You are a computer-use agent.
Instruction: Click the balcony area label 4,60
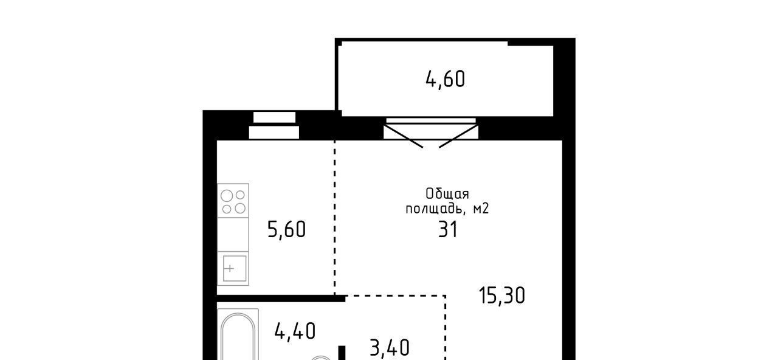click(x=446, y=80)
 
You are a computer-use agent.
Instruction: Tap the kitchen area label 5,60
click(x=286, y=230)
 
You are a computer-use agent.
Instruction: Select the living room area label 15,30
click(x=502, y=296)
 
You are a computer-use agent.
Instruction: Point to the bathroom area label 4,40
click(x=295, y=331)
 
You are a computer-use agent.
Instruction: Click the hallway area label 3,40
click(x=390, y=348)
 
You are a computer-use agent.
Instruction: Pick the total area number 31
click(x=448, y=230)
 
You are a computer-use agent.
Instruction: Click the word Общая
click(x=447, y=194)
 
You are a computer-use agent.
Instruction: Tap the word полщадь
click(x=436, y=209)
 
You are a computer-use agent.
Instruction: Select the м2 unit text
click(x=481, y=209)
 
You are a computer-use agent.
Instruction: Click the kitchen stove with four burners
click(x=233, y=201)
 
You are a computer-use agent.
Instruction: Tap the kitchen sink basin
click(x=235, y=268)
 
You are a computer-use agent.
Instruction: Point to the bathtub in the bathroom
click(x=238, y=335)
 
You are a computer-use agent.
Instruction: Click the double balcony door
click(x=431, y=133)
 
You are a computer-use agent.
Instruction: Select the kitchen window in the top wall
click(x=274, y=125)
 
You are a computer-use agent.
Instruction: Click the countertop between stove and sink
click(x=233, y=235)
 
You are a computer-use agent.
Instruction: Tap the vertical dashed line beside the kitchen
click(x=335, y=218)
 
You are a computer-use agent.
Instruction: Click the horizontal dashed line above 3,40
click(x=395, y=296)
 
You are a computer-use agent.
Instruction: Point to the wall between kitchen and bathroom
click(x=281, y=299)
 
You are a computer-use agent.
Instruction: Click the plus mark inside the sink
click(x=230, y=269)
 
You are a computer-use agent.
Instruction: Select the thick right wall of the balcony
click(x=564, y=77)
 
